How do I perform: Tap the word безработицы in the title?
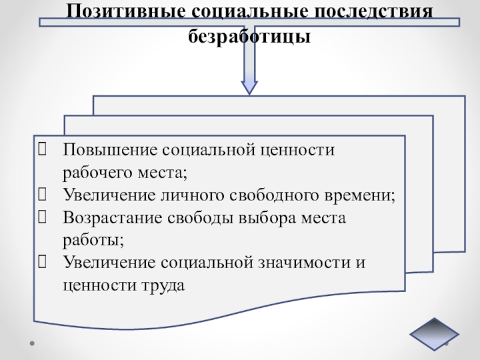point(250,37)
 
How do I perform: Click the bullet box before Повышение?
point(43,149)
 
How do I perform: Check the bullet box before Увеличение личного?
point(43,194)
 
